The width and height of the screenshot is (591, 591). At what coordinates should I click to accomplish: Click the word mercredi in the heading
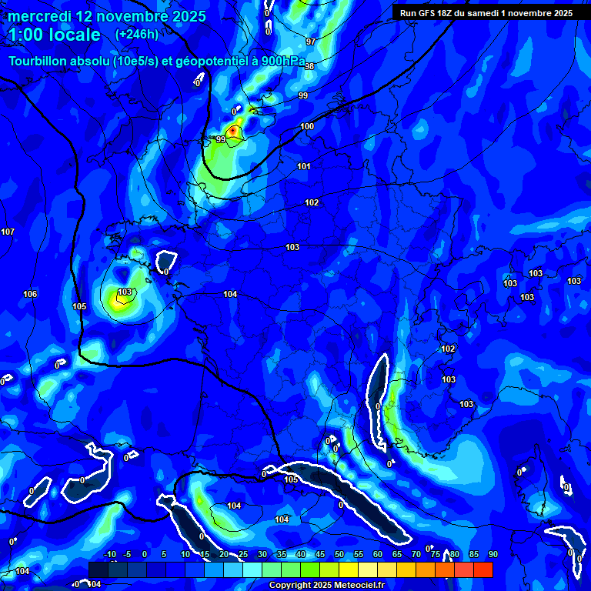41,16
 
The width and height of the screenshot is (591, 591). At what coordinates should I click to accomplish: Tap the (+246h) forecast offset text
136,34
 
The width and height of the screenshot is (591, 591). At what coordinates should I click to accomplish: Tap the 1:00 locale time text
54,35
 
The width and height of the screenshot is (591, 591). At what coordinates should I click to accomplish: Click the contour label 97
310,42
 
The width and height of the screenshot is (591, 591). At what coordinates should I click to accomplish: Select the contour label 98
309,67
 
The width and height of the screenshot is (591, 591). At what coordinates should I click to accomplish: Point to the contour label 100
307,126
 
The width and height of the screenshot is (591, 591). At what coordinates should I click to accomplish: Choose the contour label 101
304,166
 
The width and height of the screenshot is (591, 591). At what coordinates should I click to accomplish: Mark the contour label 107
8,232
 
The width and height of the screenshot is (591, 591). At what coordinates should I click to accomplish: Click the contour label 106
30,295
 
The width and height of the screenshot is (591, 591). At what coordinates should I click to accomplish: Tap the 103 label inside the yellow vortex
125,292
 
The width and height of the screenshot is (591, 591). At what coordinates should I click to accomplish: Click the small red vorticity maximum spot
232,132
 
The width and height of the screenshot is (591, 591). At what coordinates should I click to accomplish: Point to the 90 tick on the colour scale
492,554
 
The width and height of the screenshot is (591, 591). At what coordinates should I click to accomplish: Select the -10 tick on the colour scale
110,554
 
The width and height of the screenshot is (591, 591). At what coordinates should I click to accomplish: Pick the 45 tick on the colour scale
320,554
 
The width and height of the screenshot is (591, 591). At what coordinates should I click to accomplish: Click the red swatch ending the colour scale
482,569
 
